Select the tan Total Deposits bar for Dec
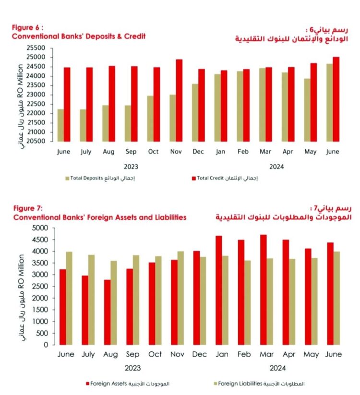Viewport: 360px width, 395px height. pyautogui.click(x=195, y=112)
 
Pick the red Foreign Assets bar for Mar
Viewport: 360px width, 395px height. pyautogui.click(x=263, y=289)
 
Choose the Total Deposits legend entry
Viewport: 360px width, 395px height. pyautogui.click(x=103, y=179)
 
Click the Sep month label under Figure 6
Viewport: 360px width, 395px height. pyautogui.click(x=131, y=151)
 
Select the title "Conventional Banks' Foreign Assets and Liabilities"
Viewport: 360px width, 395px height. pyautogui.click(x=99, y=217)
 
